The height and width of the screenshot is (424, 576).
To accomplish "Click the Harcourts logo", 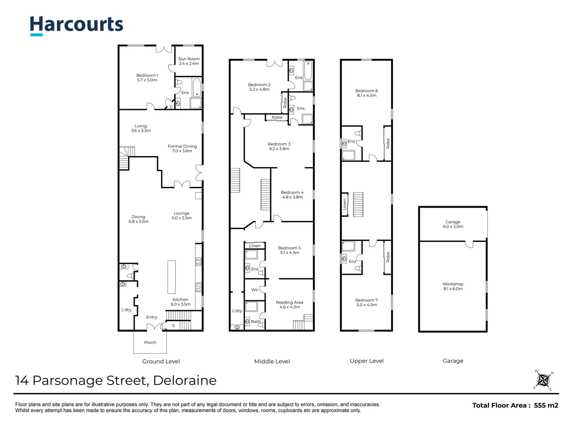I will (77, 25).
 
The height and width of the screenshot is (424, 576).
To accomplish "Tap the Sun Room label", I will (189, 61).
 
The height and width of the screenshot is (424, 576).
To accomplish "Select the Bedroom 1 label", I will (147, 78).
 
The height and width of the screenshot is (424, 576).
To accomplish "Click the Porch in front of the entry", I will (150, 342).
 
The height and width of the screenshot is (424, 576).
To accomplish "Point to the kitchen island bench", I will (172, 277).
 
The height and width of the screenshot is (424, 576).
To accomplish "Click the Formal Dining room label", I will (182, 148).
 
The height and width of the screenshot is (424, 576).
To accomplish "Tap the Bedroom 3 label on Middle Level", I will (279, 146).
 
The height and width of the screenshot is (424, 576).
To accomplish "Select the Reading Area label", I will (289, 305).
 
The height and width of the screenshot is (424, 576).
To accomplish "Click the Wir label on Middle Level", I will (255, 290).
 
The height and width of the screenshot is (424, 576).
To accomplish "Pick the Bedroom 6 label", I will (366, 93).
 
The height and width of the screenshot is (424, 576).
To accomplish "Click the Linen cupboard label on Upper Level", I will (345, 204).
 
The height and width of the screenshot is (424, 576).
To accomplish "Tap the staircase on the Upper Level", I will (358, 205).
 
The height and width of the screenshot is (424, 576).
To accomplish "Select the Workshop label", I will (453, 286).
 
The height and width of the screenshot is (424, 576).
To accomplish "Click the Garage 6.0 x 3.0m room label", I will (453, 224).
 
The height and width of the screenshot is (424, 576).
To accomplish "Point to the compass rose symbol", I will (544, 380).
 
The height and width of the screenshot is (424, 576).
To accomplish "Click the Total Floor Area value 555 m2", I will (546, 406).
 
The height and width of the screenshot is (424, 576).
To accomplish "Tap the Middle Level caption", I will (272, 361).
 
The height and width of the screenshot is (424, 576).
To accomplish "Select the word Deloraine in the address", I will (185, 380).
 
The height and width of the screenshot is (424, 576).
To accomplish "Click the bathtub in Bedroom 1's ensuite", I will (196, 87).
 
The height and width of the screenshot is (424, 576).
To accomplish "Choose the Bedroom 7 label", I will (366, 302).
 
